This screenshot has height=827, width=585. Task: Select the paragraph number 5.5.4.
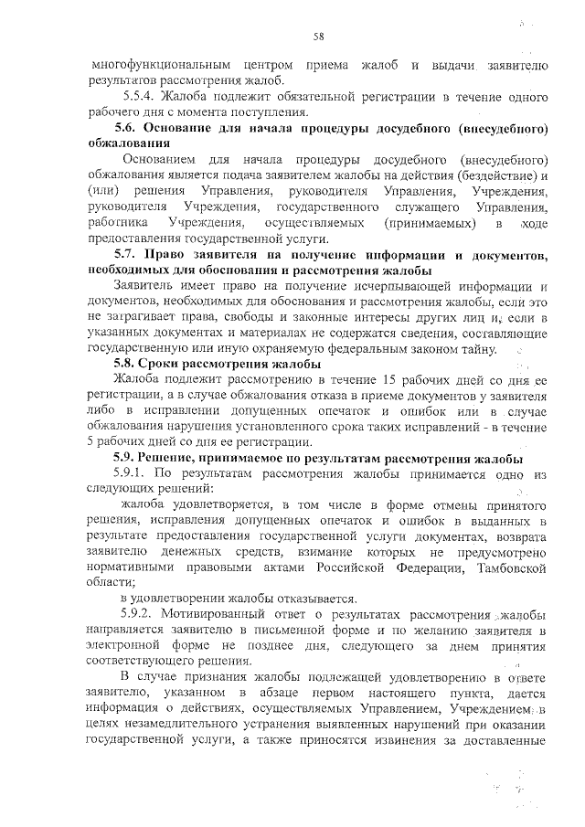tap(138, 95)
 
